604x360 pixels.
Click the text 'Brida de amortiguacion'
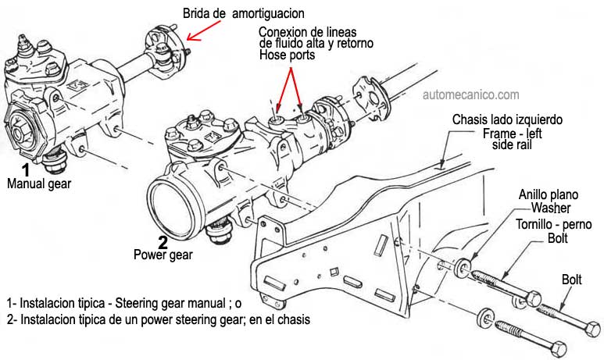coord(243,13)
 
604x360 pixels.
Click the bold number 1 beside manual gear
coord(25,169)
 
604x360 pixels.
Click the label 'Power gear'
coord(163,254)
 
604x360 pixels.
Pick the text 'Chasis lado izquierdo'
coord(507,120)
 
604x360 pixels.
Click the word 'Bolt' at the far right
coord(575,279)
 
